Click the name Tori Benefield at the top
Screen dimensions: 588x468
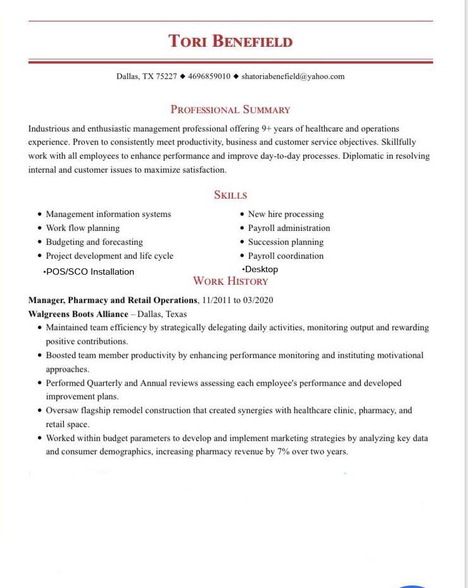231,42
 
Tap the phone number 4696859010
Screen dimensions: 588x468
209,77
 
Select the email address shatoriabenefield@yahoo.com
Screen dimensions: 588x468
293,77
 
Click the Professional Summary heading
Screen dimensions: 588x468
231,109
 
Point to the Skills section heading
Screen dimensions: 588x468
231,195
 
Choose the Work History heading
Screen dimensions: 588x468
231,281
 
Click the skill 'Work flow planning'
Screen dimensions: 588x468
82,228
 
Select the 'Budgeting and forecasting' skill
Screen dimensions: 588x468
94,242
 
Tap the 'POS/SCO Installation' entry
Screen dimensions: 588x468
90,272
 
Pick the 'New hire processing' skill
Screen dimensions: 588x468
286,214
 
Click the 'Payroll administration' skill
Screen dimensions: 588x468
289,228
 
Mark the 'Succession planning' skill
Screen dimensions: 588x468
286,242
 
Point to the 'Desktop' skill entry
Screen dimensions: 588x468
262,269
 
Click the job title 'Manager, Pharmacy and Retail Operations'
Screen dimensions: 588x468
113,300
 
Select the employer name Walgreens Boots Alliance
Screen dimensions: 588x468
78,314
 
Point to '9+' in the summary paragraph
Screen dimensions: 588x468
267,128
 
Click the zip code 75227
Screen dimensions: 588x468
167,77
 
